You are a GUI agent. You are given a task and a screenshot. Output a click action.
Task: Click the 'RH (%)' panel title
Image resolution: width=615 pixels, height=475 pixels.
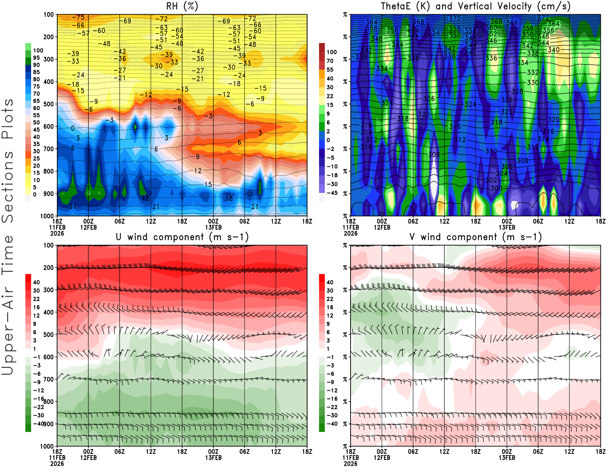pos(182,6)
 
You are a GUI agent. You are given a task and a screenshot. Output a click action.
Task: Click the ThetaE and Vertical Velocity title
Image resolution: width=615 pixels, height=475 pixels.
pos(475,6)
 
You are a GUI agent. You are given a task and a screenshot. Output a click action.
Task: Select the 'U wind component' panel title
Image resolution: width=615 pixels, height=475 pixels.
pos(182,237)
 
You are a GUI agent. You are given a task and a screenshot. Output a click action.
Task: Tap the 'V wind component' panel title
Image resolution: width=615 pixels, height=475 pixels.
pos(475,237)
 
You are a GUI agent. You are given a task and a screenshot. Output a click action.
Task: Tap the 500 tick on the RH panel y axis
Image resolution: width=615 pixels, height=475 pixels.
pos(48,104)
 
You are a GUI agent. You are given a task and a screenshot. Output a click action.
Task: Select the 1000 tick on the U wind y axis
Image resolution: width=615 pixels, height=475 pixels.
pos(47,446)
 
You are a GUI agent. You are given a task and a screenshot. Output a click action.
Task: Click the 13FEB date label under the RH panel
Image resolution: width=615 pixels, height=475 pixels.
pos(213,227)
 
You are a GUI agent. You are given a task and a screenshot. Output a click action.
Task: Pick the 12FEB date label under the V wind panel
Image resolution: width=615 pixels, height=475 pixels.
pos(382,458)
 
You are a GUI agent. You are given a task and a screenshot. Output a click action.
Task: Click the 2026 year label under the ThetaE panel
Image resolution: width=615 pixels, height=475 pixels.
pos(351,233)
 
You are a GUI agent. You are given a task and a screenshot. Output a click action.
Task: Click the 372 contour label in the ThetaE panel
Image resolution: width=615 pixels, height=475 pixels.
pos(543,18)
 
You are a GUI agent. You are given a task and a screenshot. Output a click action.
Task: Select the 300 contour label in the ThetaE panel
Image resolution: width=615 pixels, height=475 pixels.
pos(496,188)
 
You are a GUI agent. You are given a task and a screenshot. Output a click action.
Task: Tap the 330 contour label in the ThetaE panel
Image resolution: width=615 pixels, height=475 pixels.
pos(533,83)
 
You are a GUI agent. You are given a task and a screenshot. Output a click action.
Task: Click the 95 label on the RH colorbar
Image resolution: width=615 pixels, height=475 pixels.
pos(36,58)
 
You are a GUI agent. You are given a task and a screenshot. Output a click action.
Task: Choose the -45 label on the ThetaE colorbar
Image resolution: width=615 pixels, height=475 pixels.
pos(332,193)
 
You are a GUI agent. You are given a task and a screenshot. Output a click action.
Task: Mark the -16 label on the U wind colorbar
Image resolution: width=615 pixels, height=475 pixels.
pos(38,399)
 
